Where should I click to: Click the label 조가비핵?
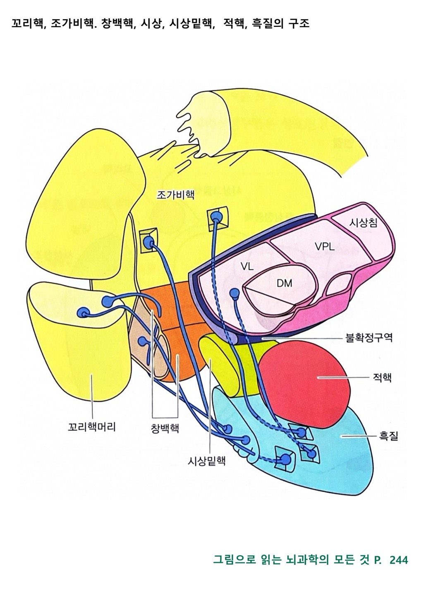[x=175, y=195]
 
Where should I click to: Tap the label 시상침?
[x=363, y=222]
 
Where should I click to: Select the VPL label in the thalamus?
[x=325, y=247]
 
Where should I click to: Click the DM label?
[x=284, y=284]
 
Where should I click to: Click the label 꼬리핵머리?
[x=92, y=427]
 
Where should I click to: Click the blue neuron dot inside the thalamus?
[x=234, y=293]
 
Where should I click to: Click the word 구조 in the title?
[x=299, y=24]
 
